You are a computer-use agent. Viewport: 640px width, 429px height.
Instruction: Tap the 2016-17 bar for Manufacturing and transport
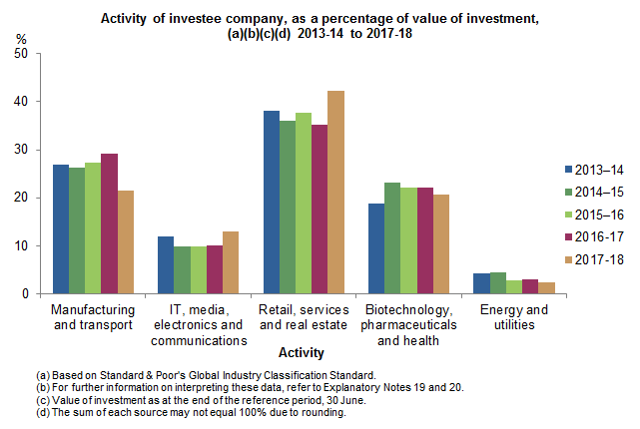coord(109,224)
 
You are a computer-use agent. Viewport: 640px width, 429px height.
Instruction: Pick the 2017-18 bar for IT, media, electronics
coord(230,263)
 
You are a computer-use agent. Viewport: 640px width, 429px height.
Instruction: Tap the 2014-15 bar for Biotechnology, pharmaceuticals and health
coord(391,238)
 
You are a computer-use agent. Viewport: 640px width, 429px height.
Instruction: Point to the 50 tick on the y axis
coord(21,53)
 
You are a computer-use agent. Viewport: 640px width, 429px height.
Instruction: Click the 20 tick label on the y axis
coord(21,199)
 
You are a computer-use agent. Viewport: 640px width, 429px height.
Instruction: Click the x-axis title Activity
coord(301,353)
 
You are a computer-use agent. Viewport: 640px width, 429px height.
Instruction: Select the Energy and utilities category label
coord(508,317)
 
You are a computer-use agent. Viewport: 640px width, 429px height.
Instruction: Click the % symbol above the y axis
coord(22,39)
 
